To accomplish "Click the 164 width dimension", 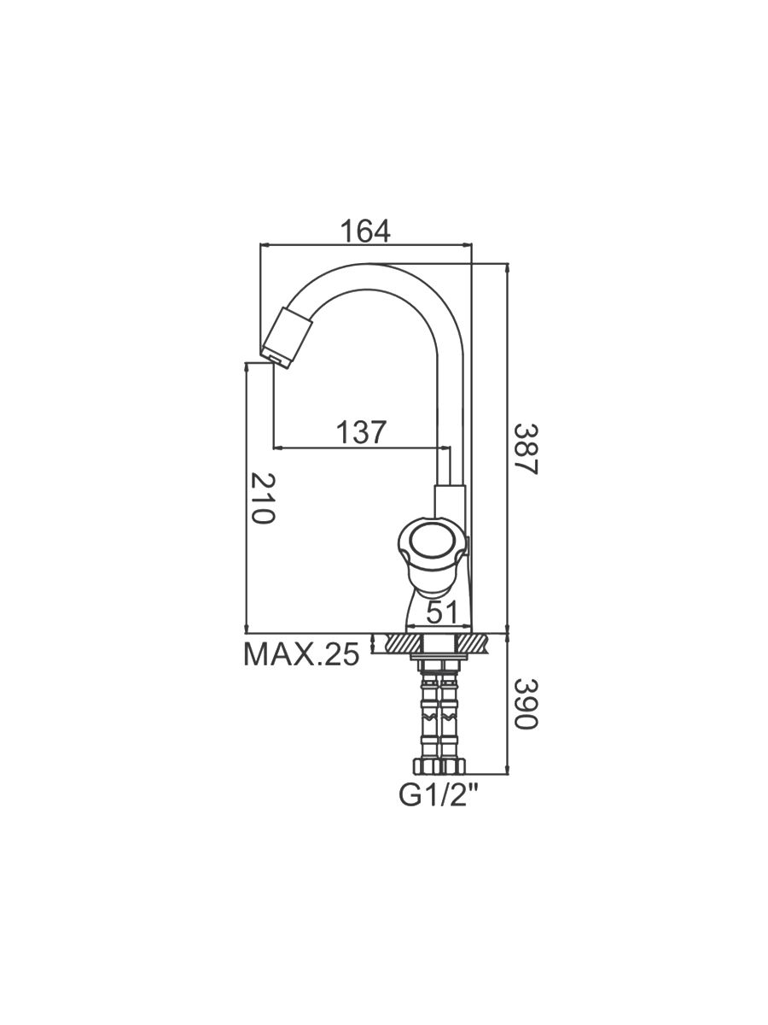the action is click(365, 231).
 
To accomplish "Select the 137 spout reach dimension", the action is click(362, 432).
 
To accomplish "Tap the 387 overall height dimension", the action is click(527, 448).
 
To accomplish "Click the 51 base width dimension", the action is click(441, 612).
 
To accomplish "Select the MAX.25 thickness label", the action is click(302, 654).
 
